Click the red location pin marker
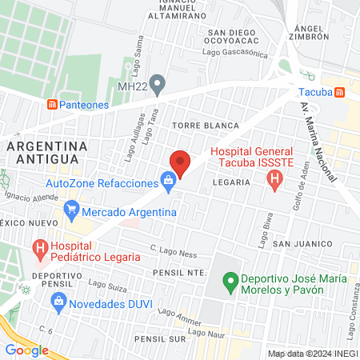(x=181, y=163)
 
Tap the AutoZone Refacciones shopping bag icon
(x=168, y=182)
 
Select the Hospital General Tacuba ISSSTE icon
(x=275, y=181)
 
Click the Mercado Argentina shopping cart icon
(x=72, y=213)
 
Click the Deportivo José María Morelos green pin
(x=230, y=280)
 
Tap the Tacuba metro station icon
(x=339, y=92)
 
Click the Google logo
(x=26, y=350)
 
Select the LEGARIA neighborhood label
(x=232, y=182)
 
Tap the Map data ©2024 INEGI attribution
(x=312, y=354)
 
